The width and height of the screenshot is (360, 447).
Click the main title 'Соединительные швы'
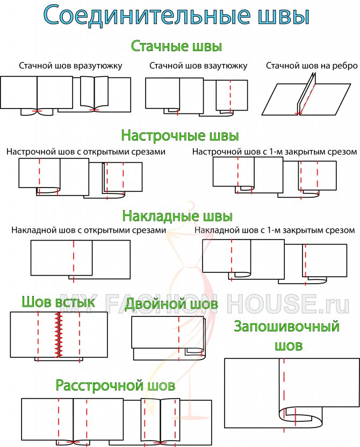pyautogui.click(x=176, y=16)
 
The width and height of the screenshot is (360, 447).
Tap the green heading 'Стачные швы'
pyautogui.click(x=176, y=46)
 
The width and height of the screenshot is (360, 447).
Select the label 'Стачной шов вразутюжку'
pyautogui.click(x=71, y=66)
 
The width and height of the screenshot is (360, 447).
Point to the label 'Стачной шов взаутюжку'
pyautogui.click(x=198, y=66)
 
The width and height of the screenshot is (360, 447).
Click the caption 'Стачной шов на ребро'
pyautogui.click(x=312, y=66)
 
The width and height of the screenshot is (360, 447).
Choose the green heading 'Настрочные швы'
pyautogui.click(x=180, y=135)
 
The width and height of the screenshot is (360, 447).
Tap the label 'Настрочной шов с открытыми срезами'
pyautogui.click(x=86, y=152)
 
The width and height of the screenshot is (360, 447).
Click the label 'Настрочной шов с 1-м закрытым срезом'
pyautogui.click(x=275, y=152)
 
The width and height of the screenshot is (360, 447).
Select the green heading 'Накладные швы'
pyautogui.click(x=177, y=216)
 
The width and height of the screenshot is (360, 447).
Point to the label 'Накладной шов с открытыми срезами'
pyautogui.click(x=89, y=230)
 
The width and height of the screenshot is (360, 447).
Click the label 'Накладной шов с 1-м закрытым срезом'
pyautogui.click(x=275, y=230)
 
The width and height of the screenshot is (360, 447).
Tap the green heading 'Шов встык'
pyautogui.click(x=58, y=302)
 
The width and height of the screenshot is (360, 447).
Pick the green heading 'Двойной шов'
pyautogui.click(x=171, y=304)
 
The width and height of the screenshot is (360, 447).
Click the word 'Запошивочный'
pyautogui.click(x=287, y=327)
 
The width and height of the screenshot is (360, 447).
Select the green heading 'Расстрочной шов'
pyautogui.click(x=115, y=385)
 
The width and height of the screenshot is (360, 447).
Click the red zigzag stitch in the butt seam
pyautogui.click(x=59, y=335)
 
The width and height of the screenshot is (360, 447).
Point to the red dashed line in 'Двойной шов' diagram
pyautogui.click(x=179, y=338)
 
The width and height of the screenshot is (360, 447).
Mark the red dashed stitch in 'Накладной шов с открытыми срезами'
pyautogui.click(x=74, y=262)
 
